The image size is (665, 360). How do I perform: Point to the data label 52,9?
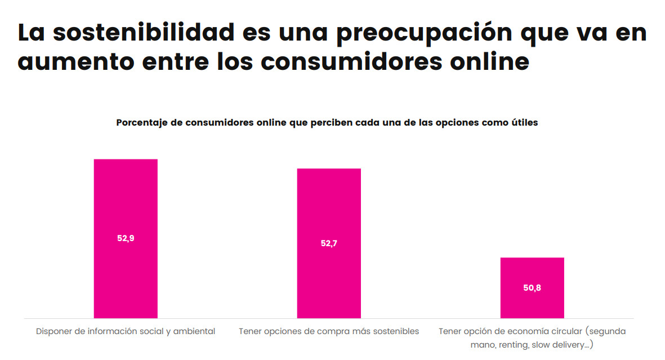tap(126, 238)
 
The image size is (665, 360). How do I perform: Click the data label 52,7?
tap(329, 244)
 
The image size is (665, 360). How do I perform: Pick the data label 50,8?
tap(532, 288)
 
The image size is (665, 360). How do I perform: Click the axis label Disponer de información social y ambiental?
tap(126, 331)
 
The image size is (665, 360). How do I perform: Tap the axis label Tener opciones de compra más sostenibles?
tap(329, 331)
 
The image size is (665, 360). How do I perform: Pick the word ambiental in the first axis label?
tap(194, 331)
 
